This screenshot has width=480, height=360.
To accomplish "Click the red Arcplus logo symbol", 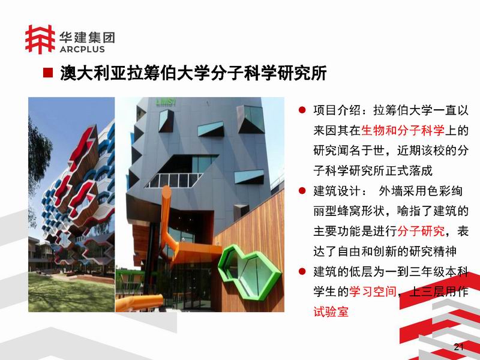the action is coord(40,39).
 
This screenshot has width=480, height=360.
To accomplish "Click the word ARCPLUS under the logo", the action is coord(82,49).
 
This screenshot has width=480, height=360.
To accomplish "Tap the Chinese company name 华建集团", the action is coord(87,37).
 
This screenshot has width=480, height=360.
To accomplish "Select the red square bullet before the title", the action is coord(48,73).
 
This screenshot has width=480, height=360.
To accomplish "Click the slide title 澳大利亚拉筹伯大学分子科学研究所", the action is coord(193,73).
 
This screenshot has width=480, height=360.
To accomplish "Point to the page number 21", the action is coord(458,347).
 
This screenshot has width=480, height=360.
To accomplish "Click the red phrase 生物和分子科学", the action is coord(403,130).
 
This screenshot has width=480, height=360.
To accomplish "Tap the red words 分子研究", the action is coord(421,231).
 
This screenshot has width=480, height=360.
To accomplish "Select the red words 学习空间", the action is coord(373,292).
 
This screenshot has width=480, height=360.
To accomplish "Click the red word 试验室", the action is coord(331,311).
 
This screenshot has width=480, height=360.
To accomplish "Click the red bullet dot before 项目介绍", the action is coord(302,110).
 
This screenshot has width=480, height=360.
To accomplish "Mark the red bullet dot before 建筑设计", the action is coord(302,191).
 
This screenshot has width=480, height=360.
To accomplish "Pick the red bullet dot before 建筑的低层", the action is coord(302,272).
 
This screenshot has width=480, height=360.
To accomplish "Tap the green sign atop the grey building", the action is coord(166,102).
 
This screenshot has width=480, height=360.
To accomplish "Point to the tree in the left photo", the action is coord(38,159).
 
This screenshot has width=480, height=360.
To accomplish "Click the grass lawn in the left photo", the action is coord(71,293).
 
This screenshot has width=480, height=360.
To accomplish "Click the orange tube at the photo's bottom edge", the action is coord(139,303).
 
